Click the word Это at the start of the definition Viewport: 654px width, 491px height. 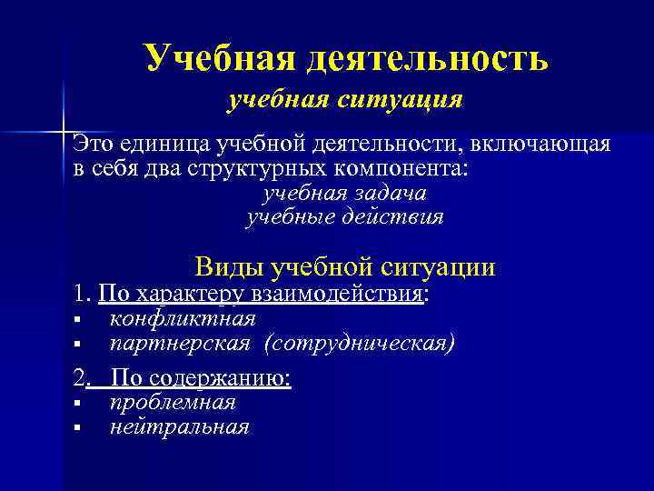pyautogui.click(x=94, y=145)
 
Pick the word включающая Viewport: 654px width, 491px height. pyautogui.click(x=541, y=145)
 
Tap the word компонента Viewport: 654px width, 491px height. pyautogui.click(x=391, y=168)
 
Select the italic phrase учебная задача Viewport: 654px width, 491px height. pyautogui.click(x=344, y=194)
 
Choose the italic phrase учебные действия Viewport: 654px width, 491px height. pyautogui.click(x=344, y=217)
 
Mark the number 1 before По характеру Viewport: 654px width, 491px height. pyautogui.click(x=79, y=294)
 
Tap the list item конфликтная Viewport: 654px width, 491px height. pyautogui.click(x=182, y=318)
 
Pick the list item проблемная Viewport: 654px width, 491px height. pyautogui.click(x=172, y=402)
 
